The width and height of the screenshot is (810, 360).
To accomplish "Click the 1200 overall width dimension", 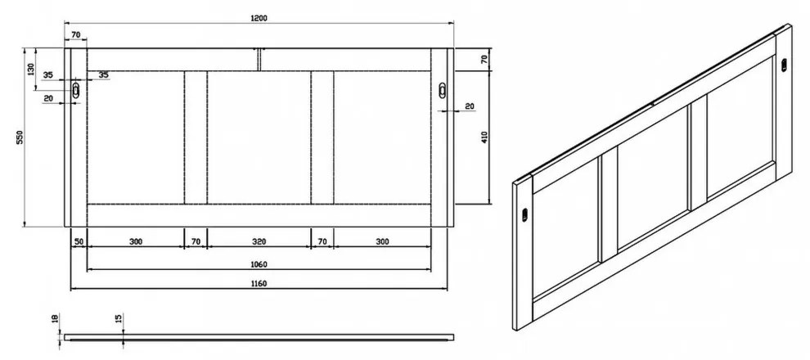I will [260, 18].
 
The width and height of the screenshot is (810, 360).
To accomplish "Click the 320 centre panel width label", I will [259, 242].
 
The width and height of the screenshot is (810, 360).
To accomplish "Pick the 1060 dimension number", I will [259, 263].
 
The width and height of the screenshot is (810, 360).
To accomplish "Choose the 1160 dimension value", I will [259, 283].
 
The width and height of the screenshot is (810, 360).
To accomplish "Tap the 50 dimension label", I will [79, 242].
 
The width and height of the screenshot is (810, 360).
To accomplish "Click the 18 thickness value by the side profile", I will [55, 320].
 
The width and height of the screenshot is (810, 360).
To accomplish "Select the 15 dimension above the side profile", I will [119, 319].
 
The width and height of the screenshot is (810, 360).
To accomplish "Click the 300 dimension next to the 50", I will [135, 242].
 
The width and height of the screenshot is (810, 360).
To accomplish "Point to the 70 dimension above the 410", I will [484, 59].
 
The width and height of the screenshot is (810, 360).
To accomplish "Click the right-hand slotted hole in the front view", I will [443, 92].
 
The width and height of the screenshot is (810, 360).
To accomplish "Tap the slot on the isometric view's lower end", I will [523, 215].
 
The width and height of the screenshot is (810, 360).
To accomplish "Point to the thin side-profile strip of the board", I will [259, 335].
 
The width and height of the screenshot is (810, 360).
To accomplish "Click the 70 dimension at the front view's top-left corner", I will [75, 34].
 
